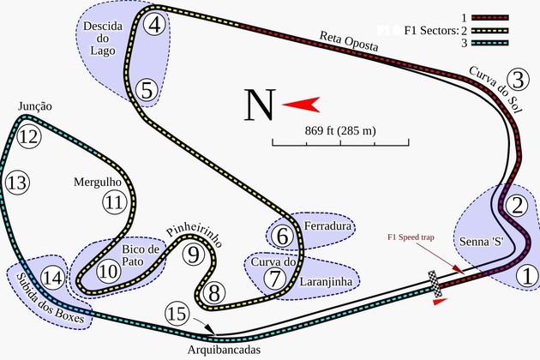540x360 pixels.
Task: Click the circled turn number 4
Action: tap(155, 25)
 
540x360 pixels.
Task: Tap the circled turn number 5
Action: tap(147, 88)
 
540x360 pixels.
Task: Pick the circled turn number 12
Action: tap(29, 136)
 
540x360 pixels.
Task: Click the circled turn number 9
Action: tap(194, 255)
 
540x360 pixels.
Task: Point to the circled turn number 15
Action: tap(176, 315)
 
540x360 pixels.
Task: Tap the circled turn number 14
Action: tap(52, 277)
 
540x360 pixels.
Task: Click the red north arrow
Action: tap(301, 105)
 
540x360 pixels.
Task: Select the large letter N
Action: tap(259, 105)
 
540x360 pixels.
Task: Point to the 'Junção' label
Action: tap(35, 106)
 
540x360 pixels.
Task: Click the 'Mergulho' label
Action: tap(98, 182)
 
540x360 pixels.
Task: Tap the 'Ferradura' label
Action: tap(327, 226)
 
